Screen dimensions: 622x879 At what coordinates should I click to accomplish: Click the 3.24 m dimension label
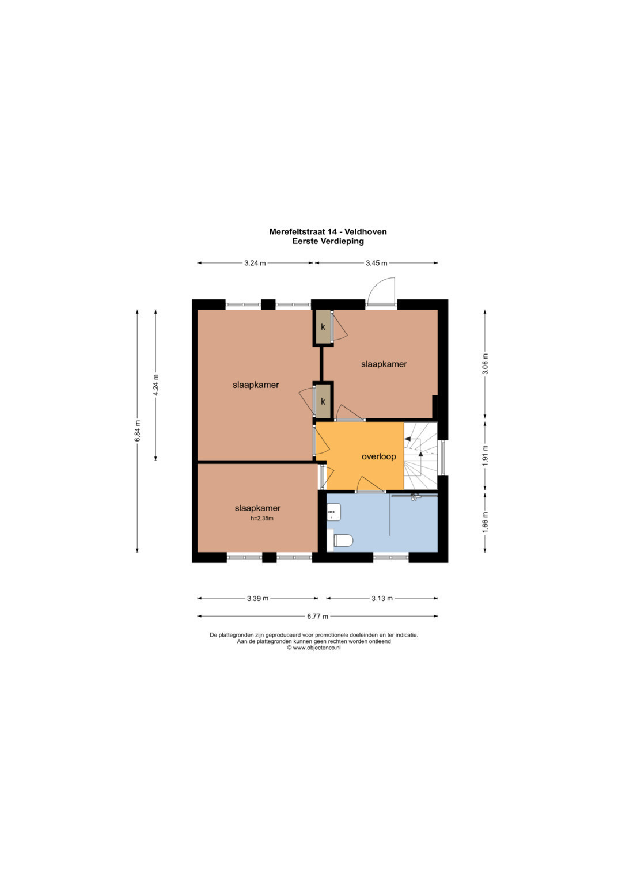pos(255,263)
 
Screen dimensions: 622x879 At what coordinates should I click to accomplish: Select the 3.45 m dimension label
pos(377,263)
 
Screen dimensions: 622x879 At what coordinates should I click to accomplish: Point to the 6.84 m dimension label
pos(138,431)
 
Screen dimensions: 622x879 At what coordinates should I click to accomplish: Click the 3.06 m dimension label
pos(485,364)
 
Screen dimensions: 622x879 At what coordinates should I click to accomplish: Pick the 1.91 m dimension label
pos(485,455)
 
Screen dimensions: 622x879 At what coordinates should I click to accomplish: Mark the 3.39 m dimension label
pos(257,599)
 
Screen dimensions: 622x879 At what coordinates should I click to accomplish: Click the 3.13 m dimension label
pos(382,599)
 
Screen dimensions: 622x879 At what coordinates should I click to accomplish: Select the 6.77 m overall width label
pos(317,617)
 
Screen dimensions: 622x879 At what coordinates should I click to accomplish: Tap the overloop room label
pos(378,456)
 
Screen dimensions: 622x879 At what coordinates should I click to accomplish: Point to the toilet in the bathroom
pos(343,541)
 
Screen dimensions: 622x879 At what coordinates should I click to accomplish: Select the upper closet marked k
pos(323,327)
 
